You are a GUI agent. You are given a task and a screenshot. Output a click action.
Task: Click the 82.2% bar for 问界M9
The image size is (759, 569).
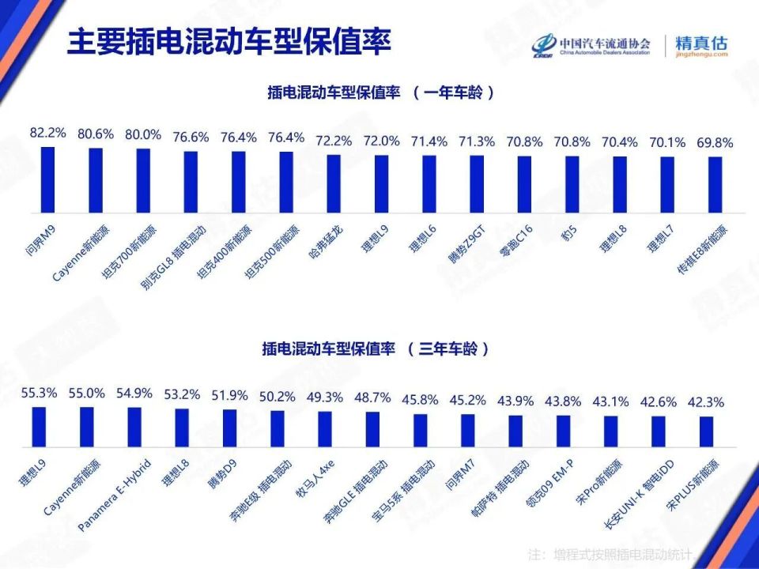[x=47, y=179]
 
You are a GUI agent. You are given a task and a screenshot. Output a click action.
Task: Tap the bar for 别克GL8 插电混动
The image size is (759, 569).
[x=191, y=182]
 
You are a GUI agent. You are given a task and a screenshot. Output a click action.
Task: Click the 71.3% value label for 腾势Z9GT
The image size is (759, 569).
[x=476, y=141]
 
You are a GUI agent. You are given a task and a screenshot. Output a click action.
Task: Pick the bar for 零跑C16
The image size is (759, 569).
[x=524, y=184]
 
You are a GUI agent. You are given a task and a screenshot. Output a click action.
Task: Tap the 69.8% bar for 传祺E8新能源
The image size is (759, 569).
[x=715, y=185]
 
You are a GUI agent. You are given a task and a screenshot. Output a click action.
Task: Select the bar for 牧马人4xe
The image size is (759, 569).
[x=325, y=429]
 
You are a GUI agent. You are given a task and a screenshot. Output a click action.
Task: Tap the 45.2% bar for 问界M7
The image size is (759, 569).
[x=468, y=430]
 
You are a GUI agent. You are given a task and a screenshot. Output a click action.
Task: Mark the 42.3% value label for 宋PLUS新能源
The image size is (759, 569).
[x=706, y=401]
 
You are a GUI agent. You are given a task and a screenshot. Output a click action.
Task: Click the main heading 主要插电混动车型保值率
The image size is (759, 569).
[x=228, y=43]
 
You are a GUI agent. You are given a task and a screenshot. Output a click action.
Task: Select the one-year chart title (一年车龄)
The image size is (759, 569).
[x=381, y=92]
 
